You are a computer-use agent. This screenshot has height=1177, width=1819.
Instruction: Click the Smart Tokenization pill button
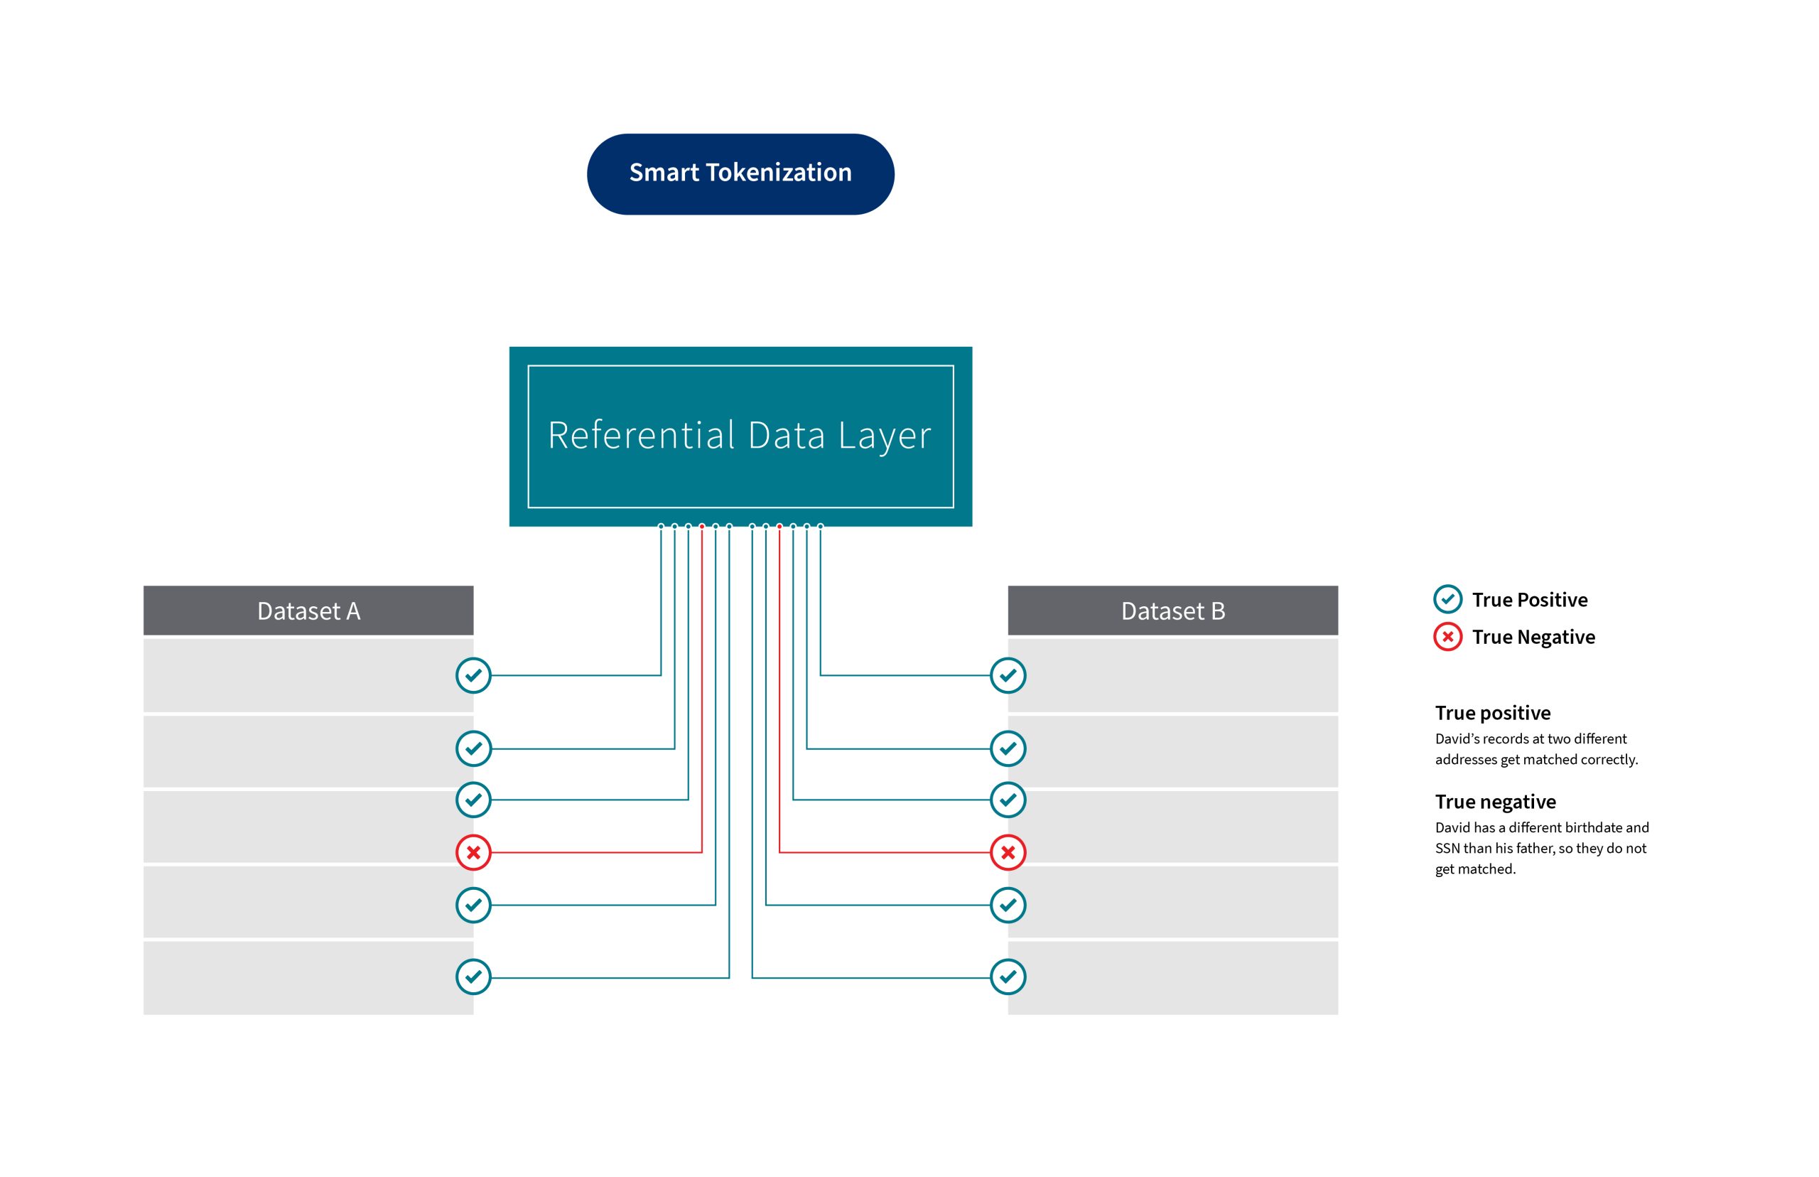[740, 173]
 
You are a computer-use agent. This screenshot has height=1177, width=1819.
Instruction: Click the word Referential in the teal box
[641, 436]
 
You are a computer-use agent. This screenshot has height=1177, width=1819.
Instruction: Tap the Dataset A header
[308, 611]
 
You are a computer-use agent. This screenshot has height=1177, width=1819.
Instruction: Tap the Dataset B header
[1172, 611]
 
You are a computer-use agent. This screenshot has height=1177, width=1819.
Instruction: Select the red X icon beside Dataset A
[473, 852]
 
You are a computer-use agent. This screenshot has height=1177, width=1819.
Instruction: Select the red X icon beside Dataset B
[1008, 852]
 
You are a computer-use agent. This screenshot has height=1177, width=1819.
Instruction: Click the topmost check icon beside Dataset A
[473, 676]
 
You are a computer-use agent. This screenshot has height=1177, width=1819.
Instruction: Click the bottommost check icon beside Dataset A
[473, 977]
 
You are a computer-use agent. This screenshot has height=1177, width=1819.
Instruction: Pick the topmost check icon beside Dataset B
[1008, 676]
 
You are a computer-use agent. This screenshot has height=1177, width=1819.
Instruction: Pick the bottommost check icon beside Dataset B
[1008, 977]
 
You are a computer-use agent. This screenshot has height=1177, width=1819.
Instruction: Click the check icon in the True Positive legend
[1447, 599]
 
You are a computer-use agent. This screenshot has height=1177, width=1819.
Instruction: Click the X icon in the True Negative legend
[1447, 637]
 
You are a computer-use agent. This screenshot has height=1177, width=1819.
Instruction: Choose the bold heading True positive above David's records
[1492, 713]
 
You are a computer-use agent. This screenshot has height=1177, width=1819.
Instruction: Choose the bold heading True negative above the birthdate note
[1494, 802]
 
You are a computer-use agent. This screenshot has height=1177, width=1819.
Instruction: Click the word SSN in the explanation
[1447, 849]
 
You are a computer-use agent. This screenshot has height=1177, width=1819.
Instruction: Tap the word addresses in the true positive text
[1465, 760]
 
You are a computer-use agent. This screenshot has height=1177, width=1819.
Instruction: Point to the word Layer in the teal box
[885, 436]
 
